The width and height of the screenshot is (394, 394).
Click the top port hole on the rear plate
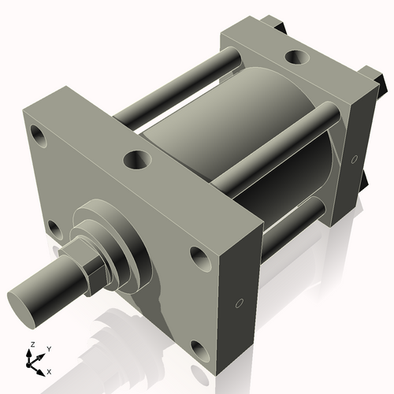[x=298, y=58]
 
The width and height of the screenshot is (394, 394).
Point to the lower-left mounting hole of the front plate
[x=53, y=229]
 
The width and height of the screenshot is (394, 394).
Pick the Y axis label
[x=48, y=348]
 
